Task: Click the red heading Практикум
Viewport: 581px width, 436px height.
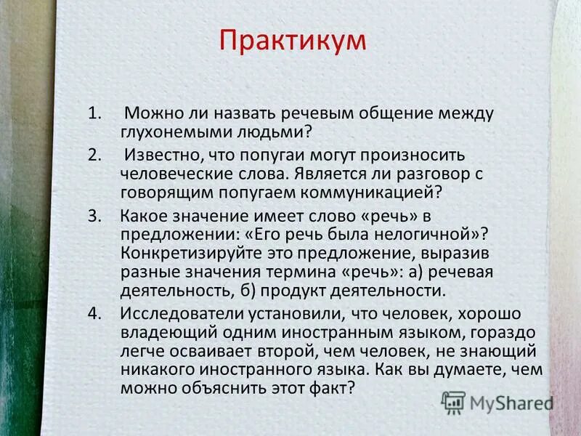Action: tap(293, 41)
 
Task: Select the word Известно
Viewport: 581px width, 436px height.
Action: tap(161, 156)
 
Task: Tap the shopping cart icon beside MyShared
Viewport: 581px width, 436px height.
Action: tap(454, 402)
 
